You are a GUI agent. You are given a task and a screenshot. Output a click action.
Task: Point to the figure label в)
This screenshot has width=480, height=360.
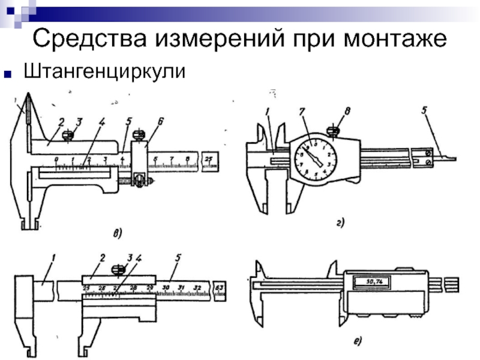coord(117,232)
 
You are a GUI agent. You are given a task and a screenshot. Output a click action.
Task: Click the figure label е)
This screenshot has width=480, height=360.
coord(358,341)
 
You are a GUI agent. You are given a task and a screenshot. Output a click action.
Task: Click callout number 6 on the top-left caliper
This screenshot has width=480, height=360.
coord(160,122)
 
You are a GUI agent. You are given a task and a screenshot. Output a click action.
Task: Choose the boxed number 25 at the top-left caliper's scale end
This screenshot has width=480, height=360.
coord(209,160)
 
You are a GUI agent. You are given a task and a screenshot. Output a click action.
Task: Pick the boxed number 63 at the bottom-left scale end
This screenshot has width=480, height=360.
coord(219,289)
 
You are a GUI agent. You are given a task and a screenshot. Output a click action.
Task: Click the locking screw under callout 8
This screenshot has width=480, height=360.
coord(333,128)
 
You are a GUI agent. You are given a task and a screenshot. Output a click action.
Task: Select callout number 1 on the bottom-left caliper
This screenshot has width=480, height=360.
coord(53,259)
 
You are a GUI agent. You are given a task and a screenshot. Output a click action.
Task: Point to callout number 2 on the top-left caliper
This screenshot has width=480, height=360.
coord(61,122)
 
